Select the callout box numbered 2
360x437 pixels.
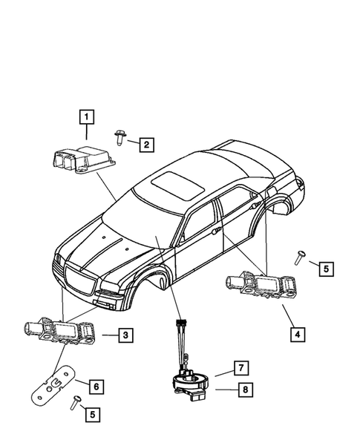[x=146, y=145]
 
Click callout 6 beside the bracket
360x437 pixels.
[x=94, y=385]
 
